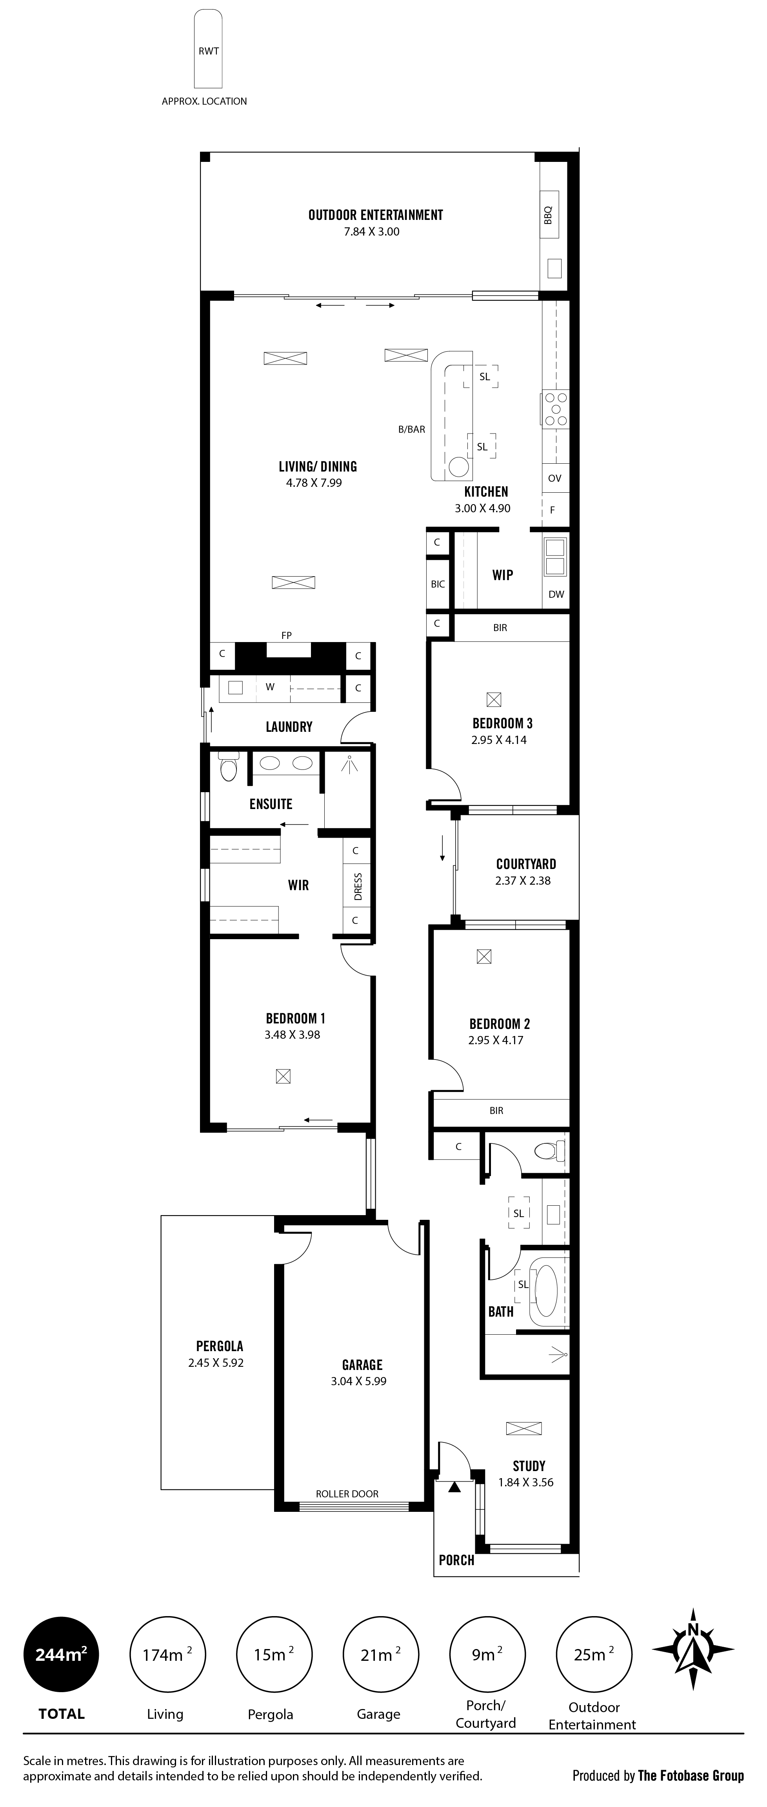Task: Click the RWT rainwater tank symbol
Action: point(209,49)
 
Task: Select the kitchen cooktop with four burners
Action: point(555,408)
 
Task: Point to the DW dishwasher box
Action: point(556,594)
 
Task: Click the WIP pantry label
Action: point(502,575)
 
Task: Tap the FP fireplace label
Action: point(286,635)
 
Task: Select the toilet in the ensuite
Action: point(229,767)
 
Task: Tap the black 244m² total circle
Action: point(61,1655)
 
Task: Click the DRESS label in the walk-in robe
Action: point(358,887)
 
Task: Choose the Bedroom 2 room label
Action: point(500,1023)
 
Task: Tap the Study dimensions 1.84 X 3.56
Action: point(525,1482)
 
